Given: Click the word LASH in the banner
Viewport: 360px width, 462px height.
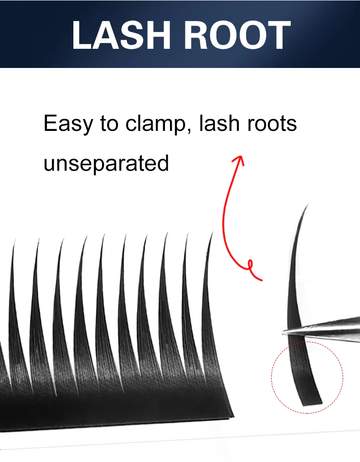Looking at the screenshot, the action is [x=121, y=35].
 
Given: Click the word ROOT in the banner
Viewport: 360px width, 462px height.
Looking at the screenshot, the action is [x=237, y=35].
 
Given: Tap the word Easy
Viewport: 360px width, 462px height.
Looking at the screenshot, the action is [x=68, y=124].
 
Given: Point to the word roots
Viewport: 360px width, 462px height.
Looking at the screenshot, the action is [x=272, y=124].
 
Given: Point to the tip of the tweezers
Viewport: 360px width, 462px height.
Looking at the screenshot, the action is [x=283, y=332].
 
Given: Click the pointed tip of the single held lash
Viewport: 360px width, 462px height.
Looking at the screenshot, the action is [x=308, y=204].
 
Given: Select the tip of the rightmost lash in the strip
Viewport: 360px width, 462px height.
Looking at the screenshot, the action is [x=212, y=233].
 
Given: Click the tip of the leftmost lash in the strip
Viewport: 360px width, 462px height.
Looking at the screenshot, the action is [x=14, y=239].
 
